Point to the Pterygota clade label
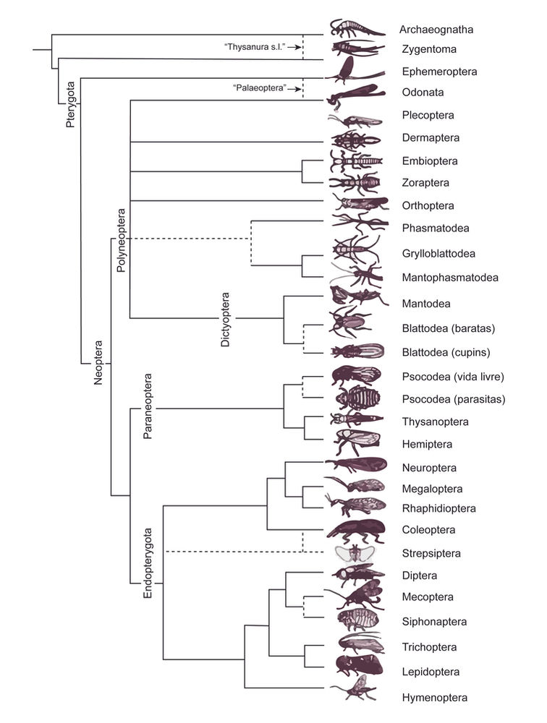pyautogui.click(x=70, y=106)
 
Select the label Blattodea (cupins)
pyautogui.click(x=446, y=353)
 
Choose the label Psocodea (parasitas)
pyautogui.click(x=453, y=398)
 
